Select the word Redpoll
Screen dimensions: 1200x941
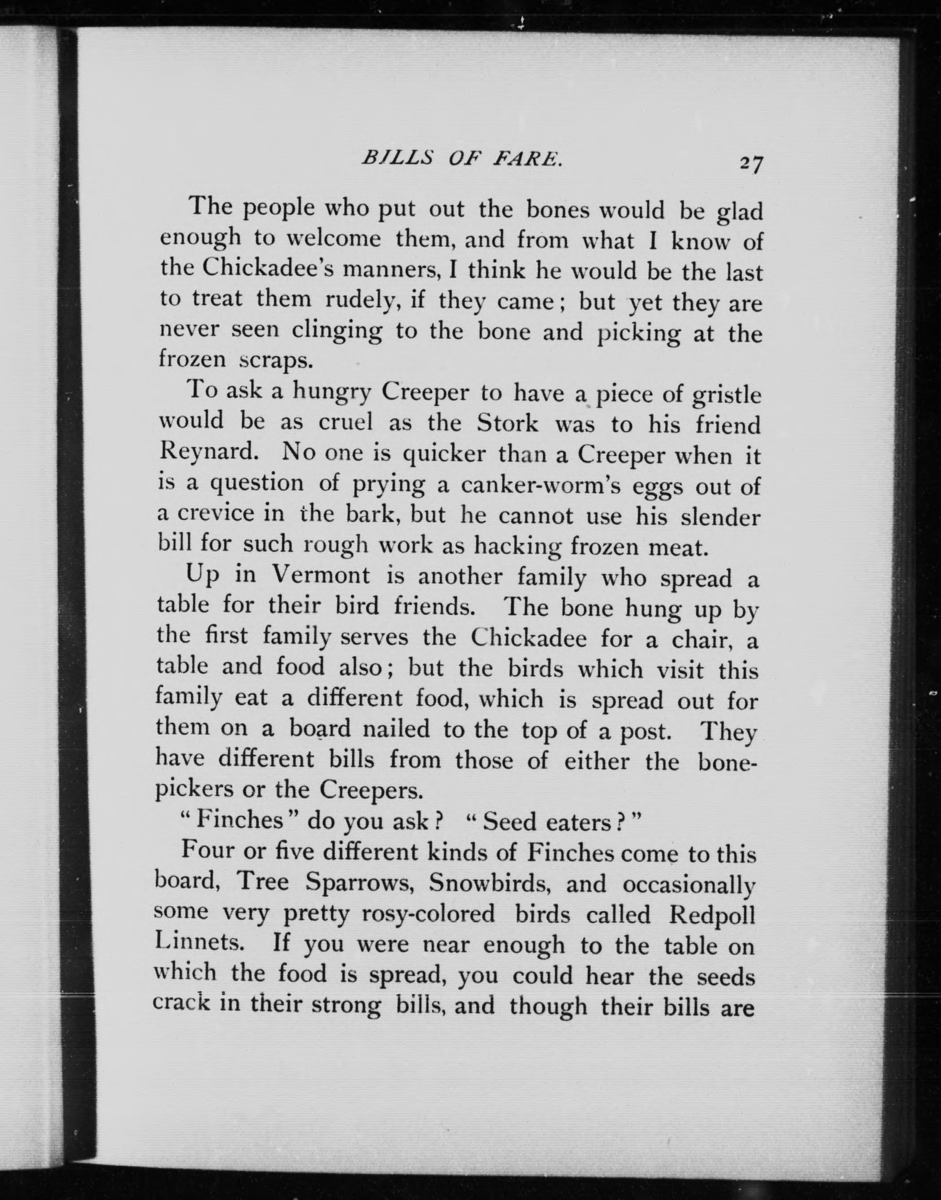(711, 915)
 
